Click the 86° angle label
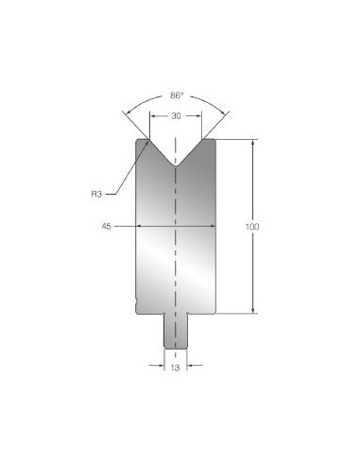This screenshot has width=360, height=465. click(x=177, y=95)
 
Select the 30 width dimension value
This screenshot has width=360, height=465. click(x=176, y=116)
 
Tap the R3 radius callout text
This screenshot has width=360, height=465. click(x=96, y=194)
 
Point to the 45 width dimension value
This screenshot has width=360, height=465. click(x=107, y=226)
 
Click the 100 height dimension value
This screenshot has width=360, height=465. click(x=252, y=227)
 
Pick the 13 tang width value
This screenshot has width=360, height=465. click(x=175, y=368)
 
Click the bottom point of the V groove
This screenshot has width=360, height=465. click(x=176, y=166)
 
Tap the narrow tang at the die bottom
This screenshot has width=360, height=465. click(x=176, y=331)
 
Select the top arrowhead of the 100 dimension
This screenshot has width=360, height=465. click(x=253, y=143)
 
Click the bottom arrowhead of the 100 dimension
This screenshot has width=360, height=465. click(x=253, y=310)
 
